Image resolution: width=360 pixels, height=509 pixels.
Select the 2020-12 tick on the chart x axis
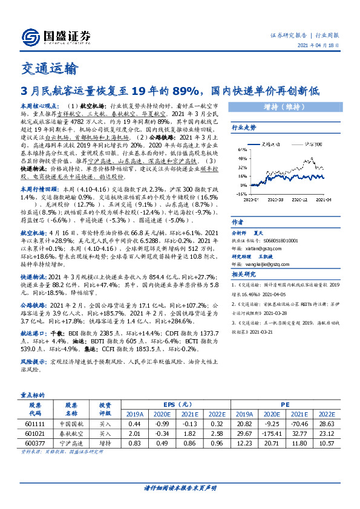pyautogui.click(x=293, y=198)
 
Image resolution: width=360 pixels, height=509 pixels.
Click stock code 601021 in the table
pyautogui.click(x=35, y=433)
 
